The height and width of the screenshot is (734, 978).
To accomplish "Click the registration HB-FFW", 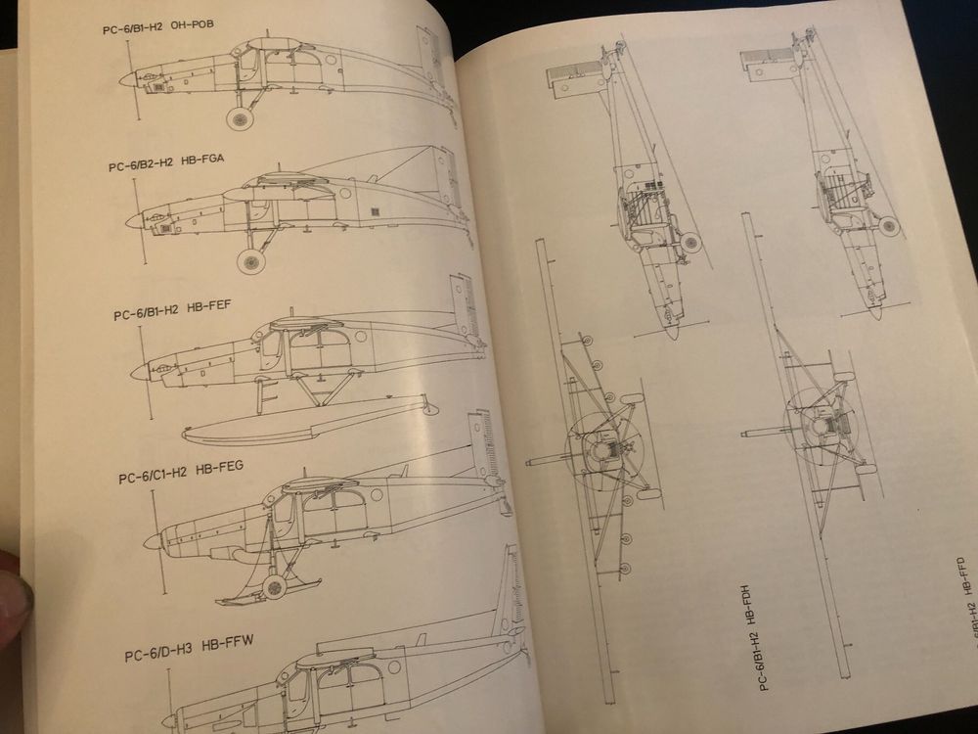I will tap(228, 642).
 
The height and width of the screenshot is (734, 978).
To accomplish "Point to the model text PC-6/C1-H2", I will tap(152, 479).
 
